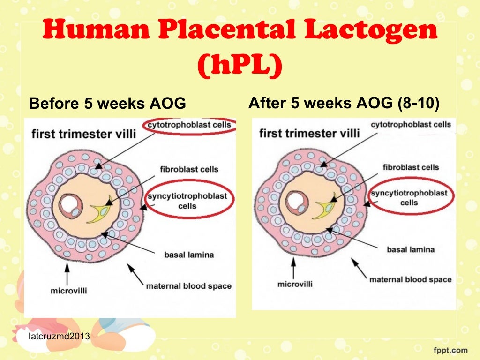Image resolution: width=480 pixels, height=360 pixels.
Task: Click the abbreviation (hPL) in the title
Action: point(240,68)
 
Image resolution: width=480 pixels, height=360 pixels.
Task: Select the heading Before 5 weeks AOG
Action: point(107,104)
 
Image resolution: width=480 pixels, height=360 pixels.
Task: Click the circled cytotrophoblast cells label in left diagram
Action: point(189,125)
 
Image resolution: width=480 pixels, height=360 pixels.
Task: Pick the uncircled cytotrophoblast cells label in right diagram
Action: point(411,124)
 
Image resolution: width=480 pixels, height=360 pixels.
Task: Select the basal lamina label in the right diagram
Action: point(410,249)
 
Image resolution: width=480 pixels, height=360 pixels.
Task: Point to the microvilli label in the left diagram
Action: point(68,291)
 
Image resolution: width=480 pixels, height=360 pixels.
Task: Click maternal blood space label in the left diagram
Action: point(189,285)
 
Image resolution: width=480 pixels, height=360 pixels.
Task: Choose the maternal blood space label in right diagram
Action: point(410,279)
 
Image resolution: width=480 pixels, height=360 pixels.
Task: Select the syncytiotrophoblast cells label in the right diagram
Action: point(409,198)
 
